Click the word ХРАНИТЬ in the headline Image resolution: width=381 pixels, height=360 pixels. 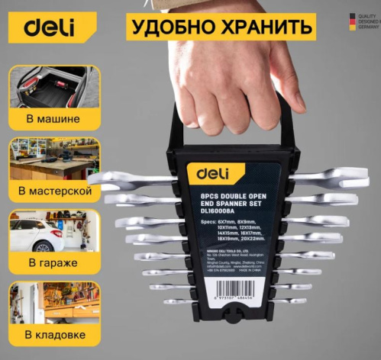pos(266,27)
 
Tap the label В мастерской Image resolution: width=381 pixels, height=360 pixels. pos(55,191)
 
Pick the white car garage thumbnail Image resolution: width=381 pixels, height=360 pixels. pos(54,233)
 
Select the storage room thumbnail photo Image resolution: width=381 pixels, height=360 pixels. pos(54,303)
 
